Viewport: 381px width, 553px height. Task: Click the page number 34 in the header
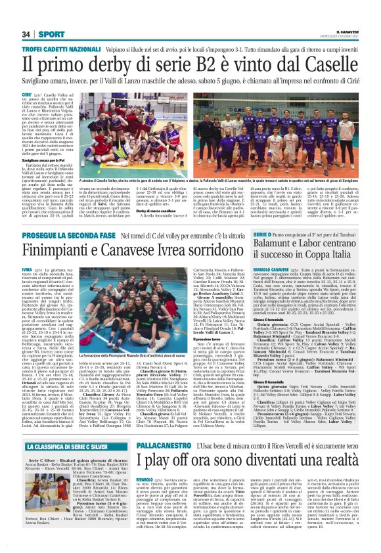26,34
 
